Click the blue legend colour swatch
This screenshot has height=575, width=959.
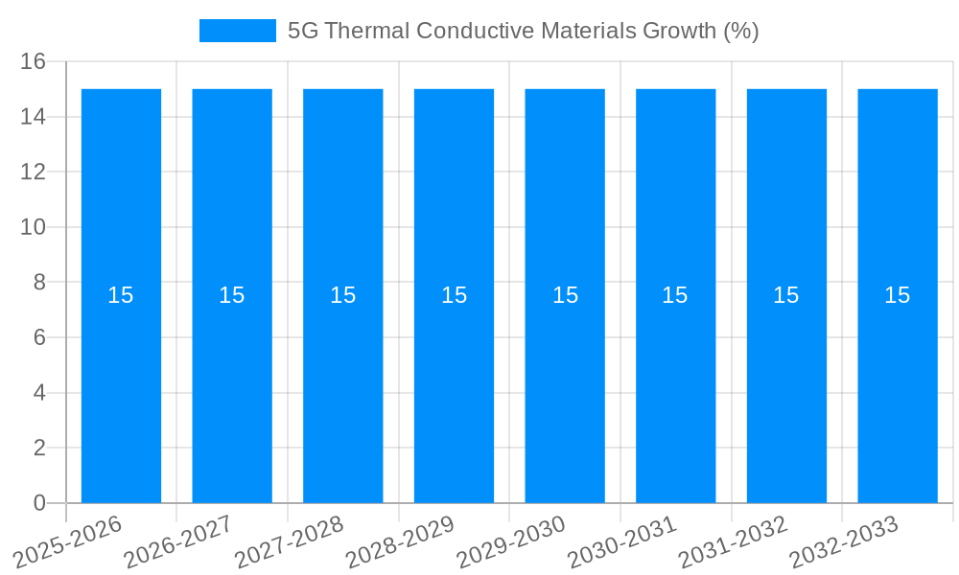(x=237, y=31)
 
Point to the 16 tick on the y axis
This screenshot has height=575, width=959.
(x=34, y=62)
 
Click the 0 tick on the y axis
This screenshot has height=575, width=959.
(x=39, y=503)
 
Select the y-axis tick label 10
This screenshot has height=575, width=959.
(x=34, y=227)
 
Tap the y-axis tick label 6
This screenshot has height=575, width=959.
(x=39, y=337)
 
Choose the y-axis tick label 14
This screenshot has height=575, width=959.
(x=34, y=117)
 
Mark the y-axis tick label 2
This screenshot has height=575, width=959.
(x=39, y=448)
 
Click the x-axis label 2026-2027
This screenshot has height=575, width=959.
(x=177, y=541)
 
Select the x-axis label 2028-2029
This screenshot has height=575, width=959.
(x=399, y=541)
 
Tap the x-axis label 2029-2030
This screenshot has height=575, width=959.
(x=510, y=541)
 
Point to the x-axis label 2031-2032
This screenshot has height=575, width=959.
(x=732, y=541)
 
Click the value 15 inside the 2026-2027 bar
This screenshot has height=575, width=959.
(x=232, y=295)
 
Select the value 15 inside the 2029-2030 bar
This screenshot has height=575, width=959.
(x=565, y=295)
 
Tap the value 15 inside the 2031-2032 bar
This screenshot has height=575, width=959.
(x=786, y=295)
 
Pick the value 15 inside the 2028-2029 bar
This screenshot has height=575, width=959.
(x=454, y=295)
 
